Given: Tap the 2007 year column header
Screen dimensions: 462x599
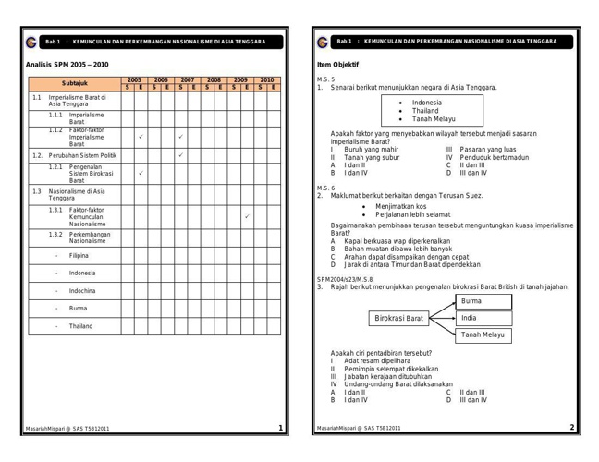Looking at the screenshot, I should click(x=187, y=80).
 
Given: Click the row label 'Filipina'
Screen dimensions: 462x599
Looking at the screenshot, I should click(x=79, y=255).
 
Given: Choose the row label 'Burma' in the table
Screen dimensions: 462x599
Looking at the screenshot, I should click(x=78, y=308).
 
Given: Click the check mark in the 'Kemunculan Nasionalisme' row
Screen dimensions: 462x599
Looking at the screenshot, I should click(x=247, y=216).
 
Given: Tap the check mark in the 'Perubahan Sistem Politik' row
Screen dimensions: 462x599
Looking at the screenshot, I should click(x=180, y=155).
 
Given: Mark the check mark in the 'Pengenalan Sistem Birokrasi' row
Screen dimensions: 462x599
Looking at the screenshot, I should click(x=140, y=173).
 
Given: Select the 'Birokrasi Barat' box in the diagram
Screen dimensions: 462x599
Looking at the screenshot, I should click(x=399, y=318).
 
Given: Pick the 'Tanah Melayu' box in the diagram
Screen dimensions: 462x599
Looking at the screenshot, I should click(x=483, y=334).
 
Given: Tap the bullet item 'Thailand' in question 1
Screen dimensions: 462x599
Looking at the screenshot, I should click(x=426, y=110).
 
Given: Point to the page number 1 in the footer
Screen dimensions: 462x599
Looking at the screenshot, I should click(x=280, y=427).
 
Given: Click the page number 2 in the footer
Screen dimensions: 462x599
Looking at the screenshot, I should click(x=572, y=427).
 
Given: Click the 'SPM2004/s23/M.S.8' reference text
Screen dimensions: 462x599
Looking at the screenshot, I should click(x=345, y=279).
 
